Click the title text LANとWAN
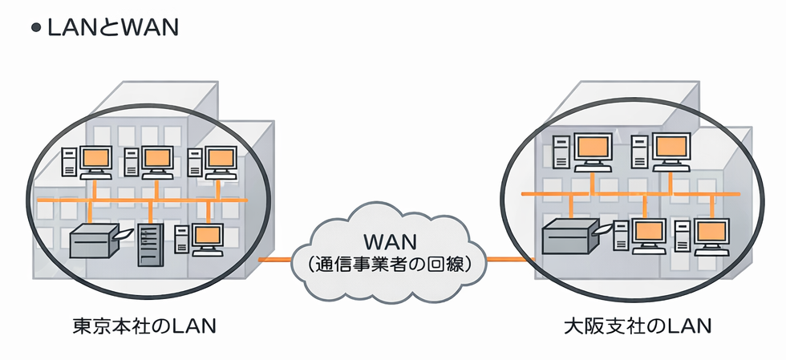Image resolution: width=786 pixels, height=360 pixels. click(111, 27)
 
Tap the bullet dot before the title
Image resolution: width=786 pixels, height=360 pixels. click(35, 28)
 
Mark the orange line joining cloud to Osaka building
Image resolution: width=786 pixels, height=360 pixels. click(510, 259)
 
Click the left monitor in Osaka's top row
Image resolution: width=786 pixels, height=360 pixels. click(593, 148)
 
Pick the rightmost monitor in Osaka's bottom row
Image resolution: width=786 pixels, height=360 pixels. click(710, 232)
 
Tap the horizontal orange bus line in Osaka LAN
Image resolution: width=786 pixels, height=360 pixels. click(630, 193)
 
